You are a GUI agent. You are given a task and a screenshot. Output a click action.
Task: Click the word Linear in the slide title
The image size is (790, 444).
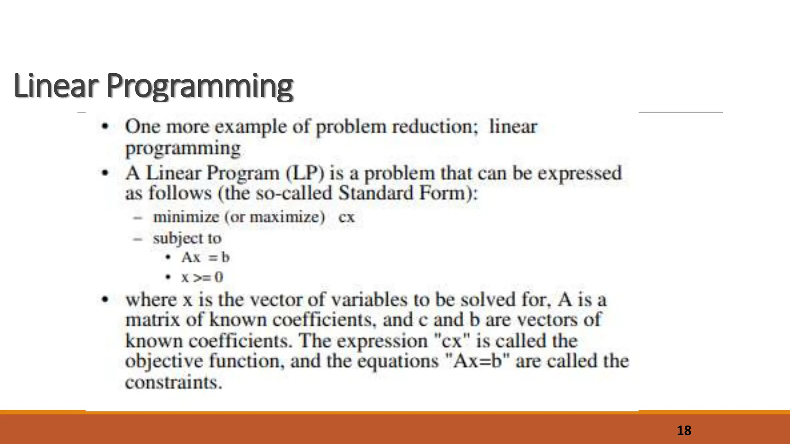click(x=56, y=86)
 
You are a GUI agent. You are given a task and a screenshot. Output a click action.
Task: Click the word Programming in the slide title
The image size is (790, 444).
click(x=200, y=86)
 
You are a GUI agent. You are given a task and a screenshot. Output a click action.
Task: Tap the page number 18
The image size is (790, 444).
click(x=684, y=431)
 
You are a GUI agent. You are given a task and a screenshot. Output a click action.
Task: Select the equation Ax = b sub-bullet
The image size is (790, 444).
click(x=205, y=257)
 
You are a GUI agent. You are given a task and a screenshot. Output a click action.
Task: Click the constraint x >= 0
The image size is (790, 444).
click(x=202, y=277)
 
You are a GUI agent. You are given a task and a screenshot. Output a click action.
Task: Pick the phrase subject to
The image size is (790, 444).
click(x=187, y=238)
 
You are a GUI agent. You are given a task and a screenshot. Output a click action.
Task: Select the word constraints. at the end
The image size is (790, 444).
click(x=174, y=383)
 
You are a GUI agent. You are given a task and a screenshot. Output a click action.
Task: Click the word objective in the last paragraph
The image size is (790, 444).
click(x=164, y=362)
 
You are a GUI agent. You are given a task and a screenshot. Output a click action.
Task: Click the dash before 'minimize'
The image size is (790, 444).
click(x=137, y=217)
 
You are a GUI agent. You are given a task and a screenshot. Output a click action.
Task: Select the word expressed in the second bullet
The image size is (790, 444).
click(x=579, y=173)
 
